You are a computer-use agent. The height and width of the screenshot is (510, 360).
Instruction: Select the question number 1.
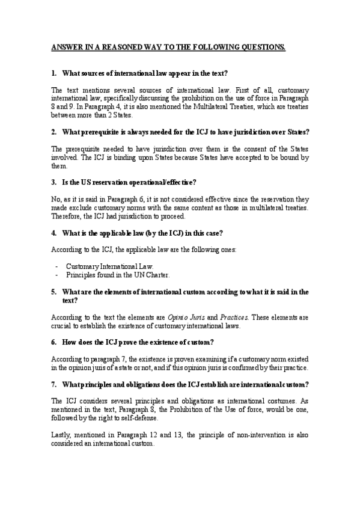(x=53, y=73)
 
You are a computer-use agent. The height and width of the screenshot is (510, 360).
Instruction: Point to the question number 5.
(x=53, y=292)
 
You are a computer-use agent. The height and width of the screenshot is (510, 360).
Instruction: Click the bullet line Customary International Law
(x=110, y=266)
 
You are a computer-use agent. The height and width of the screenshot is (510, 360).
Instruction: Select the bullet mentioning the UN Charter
(x=118, y=275)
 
